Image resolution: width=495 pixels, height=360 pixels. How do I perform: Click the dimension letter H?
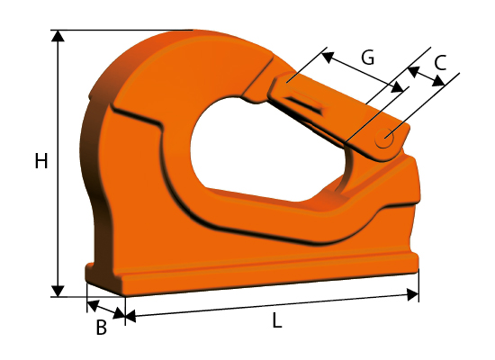pyautogui.click(x=41, y=161)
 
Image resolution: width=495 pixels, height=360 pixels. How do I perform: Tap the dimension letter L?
pyautogui.click(x=277, y=321)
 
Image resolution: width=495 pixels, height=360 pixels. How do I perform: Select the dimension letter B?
pyautogui.click(x=102, y=328)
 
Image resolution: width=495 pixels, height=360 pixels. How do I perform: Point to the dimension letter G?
pyautogui.click(x=368, y=58)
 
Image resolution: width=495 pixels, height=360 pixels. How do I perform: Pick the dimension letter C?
pyautogui.click(x=440, y=62)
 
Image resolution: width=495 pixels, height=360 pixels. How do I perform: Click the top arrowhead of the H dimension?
pyautogui.click(x=58, y=36)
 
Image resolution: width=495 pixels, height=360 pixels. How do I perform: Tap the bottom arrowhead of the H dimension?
pyautogui.click(x=58, y=291)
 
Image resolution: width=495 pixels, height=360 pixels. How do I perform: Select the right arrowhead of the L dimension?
pyautogui.click(x=413, y=294)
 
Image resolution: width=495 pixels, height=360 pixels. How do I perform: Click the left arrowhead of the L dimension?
pyautogui.click(x=130, y=316)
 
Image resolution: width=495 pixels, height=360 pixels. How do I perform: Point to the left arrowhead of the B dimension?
pyautogui.click(x=93, y=305)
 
